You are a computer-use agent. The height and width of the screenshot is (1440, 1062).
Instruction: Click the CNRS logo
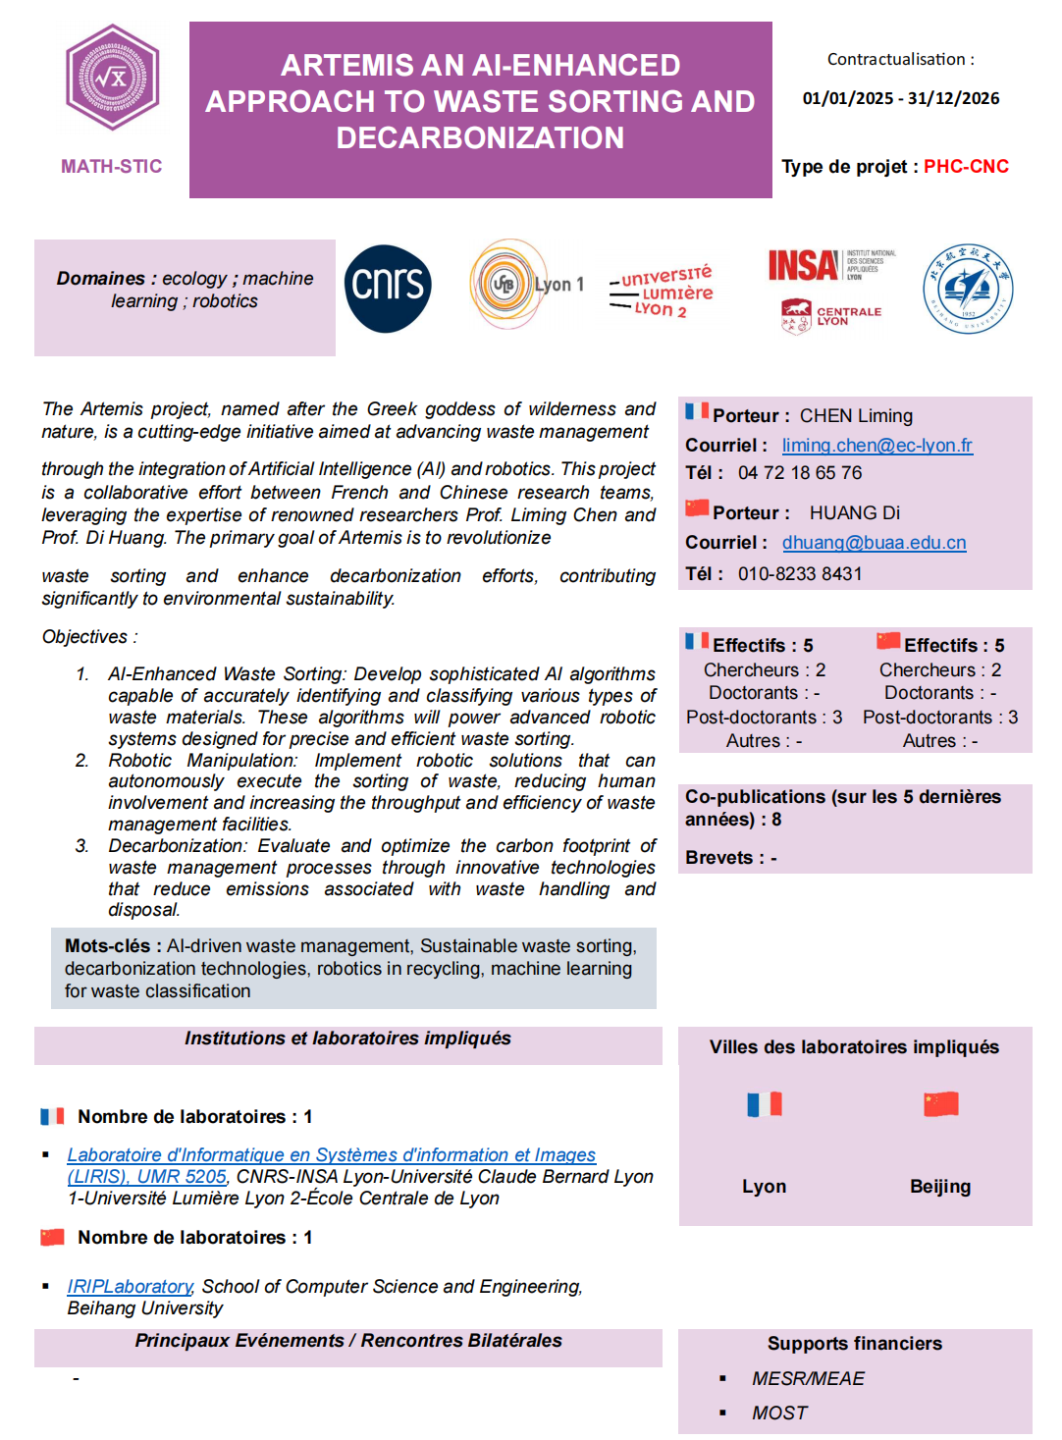coord(388,288)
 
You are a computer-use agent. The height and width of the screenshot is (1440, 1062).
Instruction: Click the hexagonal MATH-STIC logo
coord(112,79)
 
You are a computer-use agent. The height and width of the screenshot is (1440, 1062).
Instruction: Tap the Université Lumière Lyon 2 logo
coord(662,292)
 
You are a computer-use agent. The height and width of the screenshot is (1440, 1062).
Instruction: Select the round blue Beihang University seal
coord(967,289)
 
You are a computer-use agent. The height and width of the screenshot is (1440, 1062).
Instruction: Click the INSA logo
coord(804,265)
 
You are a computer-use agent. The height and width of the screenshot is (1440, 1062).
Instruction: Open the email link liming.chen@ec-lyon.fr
coord(876,446)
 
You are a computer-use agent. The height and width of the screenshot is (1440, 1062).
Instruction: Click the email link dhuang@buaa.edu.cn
coord(874,543)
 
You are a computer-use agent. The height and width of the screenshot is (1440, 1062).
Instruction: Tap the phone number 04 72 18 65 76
coord(799,473)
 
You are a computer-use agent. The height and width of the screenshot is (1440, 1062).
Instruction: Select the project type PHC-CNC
coord(966,167)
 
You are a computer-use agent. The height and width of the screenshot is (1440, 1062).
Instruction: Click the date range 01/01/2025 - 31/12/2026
coord(900,98)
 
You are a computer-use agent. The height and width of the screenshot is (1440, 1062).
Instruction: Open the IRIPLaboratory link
coord(130,1287)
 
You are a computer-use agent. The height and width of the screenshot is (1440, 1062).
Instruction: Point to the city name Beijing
coord(939,1187)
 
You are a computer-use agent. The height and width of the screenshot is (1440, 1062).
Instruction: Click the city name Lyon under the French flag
coord(764,1187)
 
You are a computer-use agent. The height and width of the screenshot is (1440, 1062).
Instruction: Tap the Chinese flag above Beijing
coord(940,1104)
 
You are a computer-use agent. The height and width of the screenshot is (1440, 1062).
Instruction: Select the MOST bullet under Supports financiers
coord(779,1413)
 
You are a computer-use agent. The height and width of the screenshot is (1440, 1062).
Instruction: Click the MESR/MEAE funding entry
coord(808,1379)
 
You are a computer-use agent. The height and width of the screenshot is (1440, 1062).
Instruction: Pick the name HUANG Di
coord(854,513)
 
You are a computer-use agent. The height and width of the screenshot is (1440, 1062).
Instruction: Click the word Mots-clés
coord(107,946)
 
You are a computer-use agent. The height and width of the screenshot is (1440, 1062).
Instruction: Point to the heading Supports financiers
coord(854,1344)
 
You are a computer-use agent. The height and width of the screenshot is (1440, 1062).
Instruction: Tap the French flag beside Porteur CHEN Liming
coord(697,411)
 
